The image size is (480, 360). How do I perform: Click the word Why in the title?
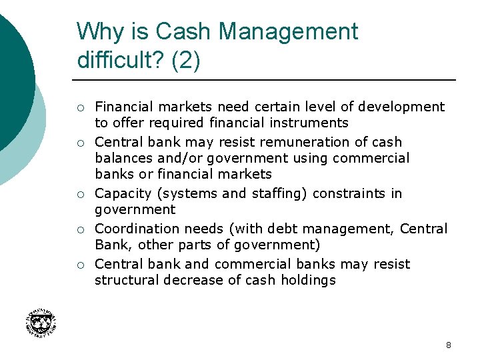point(97,31)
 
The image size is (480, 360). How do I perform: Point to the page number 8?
point(448,345)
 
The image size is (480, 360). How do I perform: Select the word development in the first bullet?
point(401,107)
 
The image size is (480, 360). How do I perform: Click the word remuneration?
point(295,142)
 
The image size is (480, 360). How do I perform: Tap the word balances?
point(122,158)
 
